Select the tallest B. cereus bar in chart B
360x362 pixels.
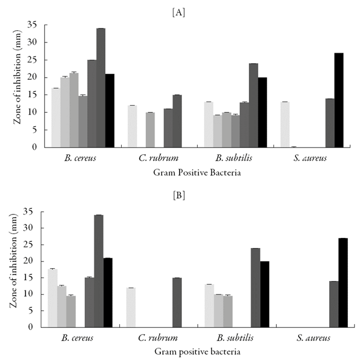click(x=99, y=271)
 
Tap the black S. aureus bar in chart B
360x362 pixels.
click(x=343, y=283)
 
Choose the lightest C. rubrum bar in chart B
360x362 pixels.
click(x=131, y=307)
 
